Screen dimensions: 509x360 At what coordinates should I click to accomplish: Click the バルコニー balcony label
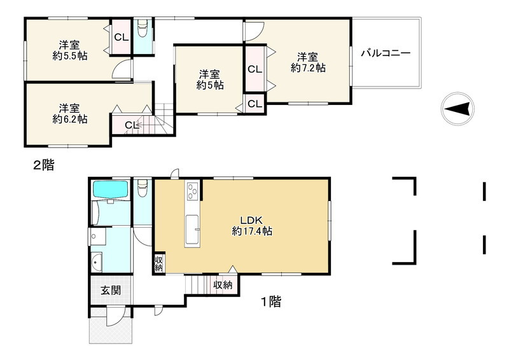pos(386,53)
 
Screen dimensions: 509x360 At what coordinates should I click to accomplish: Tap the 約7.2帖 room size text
pos(308,68)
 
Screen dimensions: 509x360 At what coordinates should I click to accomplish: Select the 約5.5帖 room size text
pos(70,55)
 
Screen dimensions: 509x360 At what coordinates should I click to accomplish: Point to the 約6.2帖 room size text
pos(70,119)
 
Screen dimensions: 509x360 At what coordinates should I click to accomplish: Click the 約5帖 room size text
pos(210,85)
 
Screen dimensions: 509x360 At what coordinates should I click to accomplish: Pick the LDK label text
pos(251,220)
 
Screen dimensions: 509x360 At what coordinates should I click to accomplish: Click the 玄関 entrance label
pos(111,290)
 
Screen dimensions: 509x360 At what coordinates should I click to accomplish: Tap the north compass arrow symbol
pos(457,108)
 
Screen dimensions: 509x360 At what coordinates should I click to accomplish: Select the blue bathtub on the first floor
pos(110,189)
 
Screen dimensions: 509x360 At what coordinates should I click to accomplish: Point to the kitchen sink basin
pos(192,230)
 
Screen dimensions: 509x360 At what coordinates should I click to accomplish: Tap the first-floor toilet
pos(143,189)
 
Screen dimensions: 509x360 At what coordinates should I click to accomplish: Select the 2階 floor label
pos(44,165)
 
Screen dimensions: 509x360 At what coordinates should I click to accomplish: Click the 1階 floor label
pos(271,301)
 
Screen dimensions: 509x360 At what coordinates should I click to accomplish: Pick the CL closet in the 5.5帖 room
pos(121,37)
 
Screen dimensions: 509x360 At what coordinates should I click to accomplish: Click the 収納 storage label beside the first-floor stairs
pos(223,285)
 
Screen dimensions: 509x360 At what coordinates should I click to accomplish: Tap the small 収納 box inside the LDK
pos(158,263)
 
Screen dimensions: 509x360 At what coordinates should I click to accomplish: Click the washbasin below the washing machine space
pos(97,262)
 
